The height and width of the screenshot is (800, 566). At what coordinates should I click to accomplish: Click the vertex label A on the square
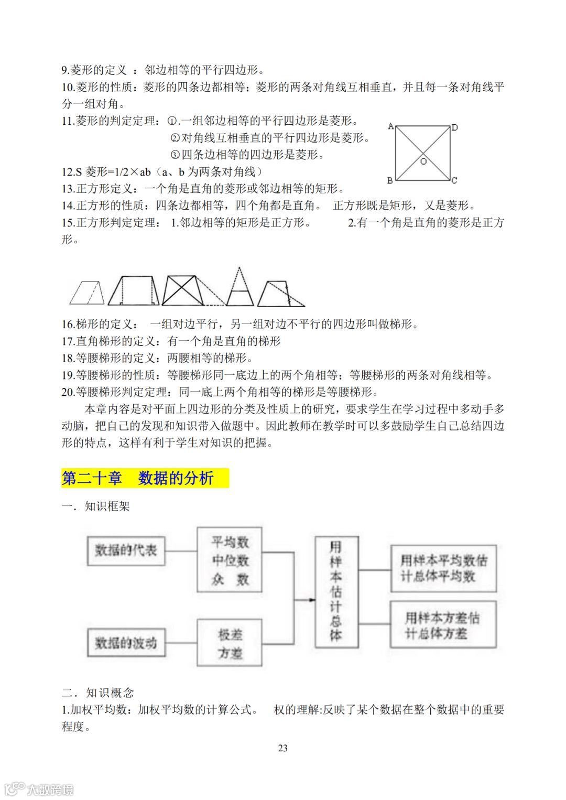pyautogui.click(x=390, y=126)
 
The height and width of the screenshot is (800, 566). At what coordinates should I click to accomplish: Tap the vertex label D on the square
pyautogui.click(x=455, y=127)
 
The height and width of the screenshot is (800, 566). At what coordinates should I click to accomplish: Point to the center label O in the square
pyautogui.click(x=423, y=161)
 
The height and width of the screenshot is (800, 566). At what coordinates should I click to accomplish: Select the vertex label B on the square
pyautogui.click(x=390, y=180)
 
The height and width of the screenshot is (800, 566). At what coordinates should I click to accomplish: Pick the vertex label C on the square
pyautogui.click(x=454, y=180)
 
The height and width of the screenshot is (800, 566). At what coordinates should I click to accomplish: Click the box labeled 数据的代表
pyautogui.click(x=126, y=550)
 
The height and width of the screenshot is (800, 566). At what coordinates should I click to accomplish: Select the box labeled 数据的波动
pyautogui.click(x=126, y=643)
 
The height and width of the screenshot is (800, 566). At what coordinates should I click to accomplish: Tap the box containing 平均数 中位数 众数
pyautogui.click(x=230, y=560)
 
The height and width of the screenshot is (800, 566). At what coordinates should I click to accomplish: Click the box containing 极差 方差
pyautogui.click(x=230, y=643)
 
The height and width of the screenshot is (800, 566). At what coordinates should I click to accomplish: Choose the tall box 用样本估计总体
pyautogui.click(x=336, y=591)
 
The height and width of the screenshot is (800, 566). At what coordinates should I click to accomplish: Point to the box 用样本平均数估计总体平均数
pyautogui.click(x=443, y=568)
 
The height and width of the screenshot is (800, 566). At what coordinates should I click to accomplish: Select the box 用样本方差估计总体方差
pyautogui.click(x=443, y=625)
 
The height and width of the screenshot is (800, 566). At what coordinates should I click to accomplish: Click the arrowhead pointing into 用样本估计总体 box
pyautogui.click(x=312, y=600)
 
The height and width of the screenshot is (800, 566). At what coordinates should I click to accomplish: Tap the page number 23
pyautogui.click(x=282, y=748)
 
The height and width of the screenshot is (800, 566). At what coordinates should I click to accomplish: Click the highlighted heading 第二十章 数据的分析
pyautogui.click(x=145, y=478)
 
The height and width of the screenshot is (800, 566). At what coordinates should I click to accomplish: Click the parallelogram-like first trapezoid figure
pyautogui.click(x=87, y=293)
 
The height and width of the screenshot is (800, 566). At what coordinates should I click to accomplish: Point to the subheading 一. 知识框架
pyautogui.click(x=95, y=506)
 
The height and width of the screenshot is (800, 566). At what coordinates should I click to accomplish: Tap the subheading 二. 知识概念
pyautogui.click(x=97, y=693)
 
